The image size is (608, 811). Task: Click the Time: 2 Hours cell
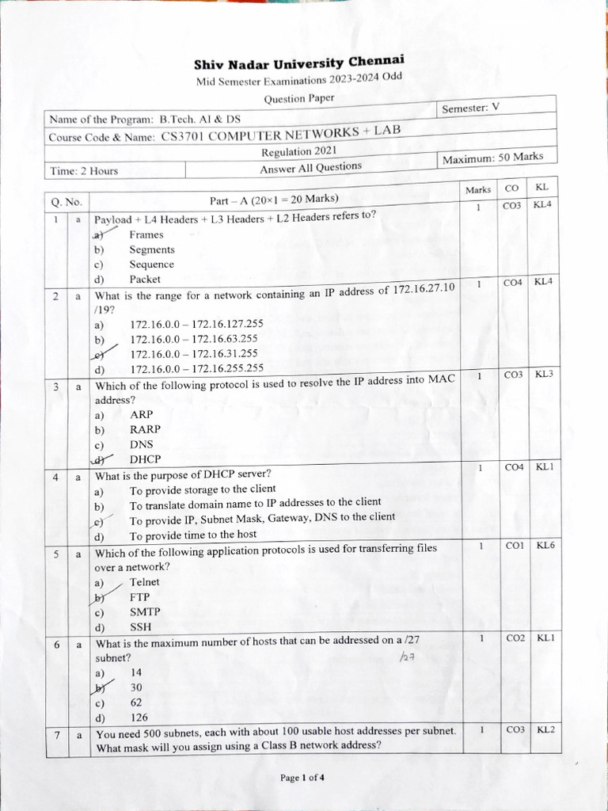coord(84,170)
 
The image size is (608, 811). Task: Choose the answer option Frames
coord(146,234)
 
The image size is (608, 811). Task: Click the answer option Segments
coord(152,249)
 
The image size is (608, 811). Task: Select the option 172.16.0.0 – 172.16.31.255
coord(194,354)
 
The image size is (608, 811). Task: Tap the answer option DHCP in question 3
coord(145,459)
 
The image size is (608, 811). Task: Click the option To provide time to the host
coord(193,535)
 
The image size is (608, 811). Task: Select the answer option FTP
coord(140,597)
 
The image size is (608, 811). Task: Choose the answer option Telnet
coord(145,582)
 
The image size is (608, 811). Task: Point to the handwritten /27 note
coord(408,657)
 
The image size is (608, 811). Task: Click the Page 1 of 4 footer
coord(302,778)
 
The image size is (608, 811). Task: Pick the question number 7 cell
coord(58,736)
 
